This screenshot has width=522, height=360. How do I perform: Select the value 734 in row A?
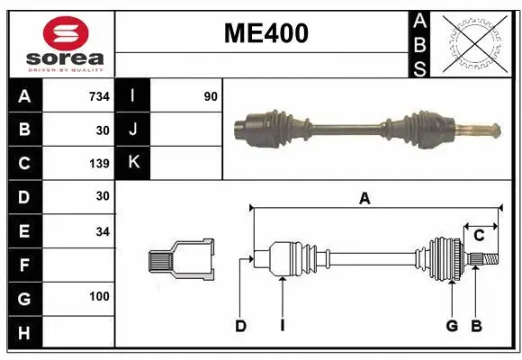[98, 96]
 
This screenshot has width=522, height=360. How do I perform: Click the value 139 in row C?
[98, 164]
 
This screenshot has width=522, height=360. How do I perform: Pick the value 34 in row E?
[102, 231]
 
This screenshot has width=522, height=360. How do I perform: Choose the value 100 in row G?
[99, 296]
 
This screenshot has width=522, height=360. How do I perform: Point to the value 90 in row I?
[211, 96]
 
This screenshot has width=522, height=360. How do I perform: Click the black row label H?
[24, 333]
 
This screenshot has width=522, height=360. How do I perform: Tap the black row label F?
[24, 265]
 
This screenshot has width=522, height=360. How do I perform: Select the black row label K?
[133, 163]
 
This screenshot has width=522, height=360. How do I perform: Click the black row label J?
[133, 130]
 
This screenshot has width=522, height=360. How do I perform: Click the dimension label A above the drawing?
[364, 199]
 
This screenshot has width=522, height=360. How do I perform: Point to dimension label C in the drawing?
[479, 236]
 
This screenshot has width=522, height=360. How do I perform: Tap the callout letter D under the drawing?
[240, 326]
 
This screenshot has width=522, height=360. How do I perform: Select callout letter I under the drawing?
[282, 326]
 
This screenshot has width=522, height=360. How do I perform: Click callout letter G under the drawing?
[452, 326]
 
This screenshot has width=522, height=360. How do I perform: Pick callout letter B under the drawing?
[476, 326]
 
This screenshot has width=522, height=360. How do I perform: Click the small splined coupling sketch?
[181, 260]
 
